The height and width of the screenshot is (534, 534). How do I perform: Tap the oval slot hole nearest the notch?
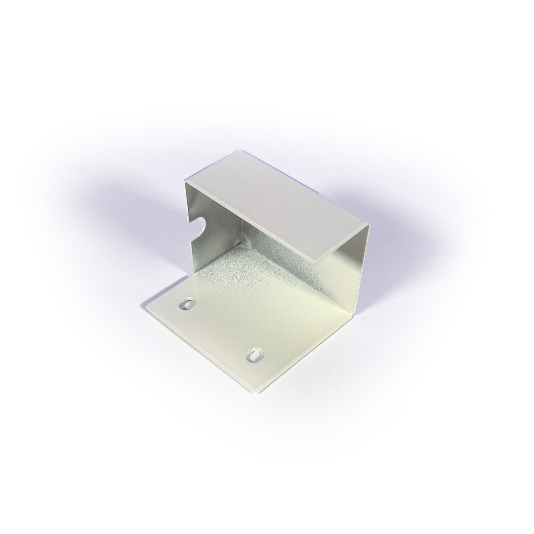tap(187, 304)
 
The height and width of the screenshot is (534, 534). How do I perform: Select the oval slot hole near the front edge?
tap(253, 356)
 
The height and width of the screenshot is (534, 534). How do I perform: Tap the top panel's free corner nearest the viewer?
tap(318, 262)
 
